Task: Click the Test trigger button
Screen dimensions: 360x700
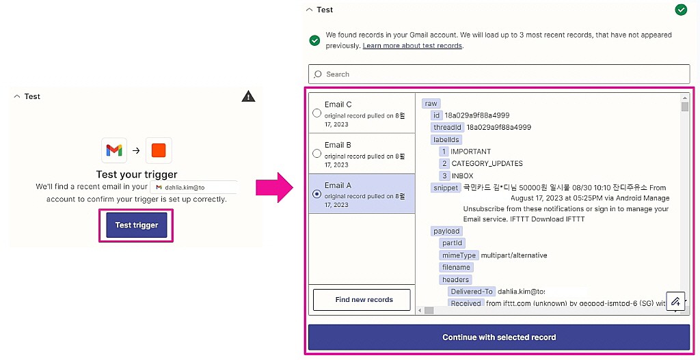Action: tap(136, 225)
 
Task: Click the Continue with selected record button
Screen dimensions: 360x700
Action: tap(498, 337)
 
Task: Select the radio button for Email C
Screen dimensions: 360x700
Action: tap(317, 113)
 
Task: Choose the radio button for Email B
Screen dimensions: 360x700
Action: tap(317, 154)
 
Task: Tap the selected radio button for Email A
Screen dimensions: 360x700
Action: tap(317, 194)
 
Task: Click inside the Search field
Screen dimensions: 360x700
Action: tap(498, 74)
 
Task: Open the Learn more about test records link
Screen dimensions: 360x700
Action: tap(412, 46)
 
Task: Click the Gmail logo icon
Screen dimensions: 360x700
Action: tap(114, 150)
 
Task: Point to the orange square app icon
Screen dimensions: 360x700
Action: tap(159, 150)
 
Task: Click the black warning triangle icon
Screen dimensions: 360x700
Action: tap(249, 96)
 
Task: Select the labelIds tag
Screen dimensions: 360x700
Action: tap(446, 139)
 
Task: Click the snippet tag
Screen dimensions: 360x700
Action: tap(446, 188)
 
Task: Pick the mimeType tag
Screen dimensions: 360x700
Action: tap(459, 255)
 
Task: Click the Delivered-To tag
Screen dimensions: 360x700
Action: tap(471, 292)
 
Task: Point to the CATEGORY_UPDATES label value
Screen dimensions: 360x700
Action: tap(487, 163)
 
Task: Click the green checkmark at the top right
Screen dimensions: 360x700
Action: tap(681, 10)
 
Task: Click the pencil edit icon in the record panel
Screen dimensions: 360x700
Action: tap(675, 301)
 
